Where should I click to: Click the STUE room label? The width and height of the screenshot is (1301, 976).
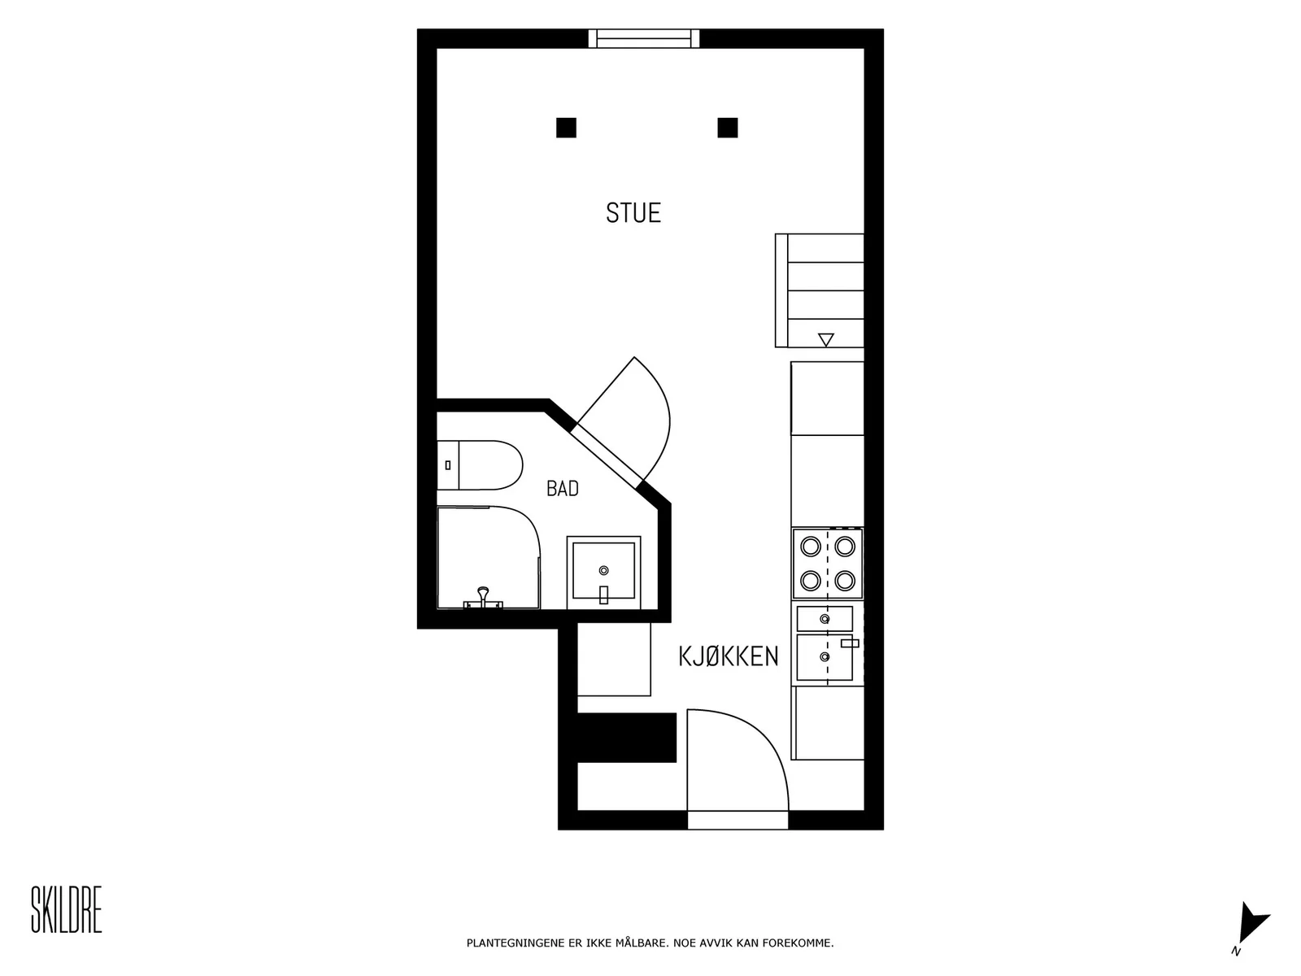[633, 213]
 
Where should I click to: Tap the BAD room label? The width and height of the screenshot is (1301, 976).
[562, 488]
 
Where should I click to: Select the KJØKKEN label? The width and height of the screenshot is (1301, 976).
[728, 656]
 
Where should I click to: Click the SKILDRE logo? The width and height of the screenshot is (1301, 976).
[67, 909]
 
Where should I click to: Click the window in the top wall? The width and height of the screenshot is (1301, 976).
[644, 38]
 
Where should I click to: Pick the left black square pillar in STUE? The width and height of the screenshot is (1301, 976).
[566, 128]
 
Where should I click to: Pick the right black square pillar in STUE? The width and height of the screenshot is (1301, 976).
[727, 128]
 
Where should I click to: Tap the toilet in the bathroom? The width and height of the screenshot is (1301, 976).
[480, 465]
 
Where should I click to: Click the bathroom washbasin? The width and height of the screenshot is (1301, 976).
[603, 572]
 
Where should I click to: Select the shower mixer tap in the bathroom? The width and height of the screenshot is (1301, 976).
[483, 597]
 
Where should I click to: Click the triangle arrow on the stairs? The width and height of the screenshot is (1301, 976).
[825, 339]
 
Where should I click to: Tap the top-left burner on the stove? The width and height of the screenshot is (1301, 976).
[810, 547]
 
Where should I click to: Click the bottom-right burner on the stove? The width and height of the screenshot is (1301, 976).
[845, 581]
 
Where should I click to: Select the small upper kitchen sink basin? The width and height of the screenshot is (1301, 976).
[825, 619]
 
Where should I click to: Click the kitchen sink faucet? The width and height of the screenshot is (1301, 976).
[850, 643]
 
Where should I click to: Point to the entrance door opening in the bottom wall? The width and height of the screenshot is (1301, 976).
[738, 820]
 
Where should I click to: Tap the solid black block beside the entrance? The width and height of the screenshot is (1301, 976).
[626, 737]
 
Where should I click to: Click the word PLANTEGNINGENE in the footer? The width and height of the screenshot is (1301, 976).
[516, 943]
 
